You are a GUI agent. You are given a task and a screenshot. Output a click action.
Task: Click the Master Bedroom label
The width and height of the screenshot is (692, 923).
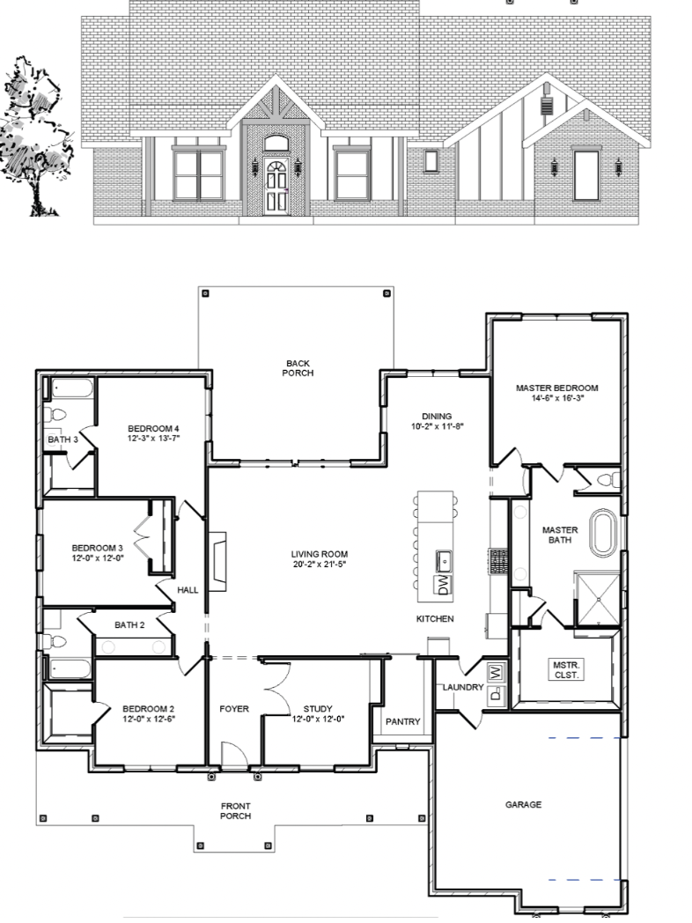tap(556, 388)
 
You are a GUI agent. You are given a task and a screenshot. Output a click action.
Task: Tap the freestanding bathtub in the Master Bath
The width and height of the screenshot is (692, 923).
tap(602, 534)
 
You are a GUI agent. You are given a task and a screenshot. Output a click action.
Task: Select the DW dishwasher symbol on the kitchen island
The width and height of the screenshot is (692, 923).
tap(443, 585)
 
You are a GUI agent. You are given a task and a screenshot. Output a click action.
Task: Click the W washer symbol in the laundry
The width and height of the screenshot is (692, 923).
tap(496, 671)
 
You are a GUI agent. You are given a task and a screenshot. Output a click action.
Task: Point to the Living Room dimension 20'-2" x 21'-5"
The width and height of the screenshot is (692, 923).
tap(320, 564)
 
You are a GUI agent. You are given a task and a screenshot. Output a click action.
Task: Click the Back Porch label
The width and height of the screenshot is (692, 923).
tap(298, 368)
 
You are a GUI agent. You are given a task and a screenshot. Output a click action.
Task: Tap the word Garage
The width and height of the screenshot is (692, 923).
tap(523, 805)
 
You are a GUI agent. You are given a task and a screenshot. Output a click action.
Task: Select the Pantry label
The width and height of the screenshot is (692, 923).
tap(403, 721)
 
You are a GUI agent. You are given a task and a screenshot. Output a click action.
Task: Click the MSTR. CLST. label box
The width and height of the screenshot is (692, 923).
tap(566, 670)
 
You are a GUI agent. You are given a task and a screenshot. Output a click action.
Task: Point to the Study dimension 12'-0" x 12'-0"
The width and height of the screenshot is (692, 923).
tap(319, 719)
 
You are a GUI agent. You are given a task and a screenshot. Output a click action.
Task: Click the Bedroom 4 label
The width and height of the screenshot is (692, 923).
tap(153, 429)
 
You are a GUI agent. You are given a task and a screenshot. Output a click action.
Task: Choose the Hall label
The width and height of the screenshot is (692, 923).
tap(188, 590)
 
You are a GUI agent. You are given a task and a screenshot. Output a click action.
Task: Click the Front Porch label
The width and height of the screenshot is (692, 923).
tap(235, 811)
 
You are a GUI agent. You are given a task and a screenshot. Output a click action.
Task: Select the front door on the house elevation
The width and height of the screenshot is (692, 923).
tap(276, 186)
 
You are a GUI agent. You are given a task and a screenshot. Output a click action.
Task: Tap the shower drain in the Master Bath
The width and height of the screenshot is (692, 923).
tap(599, 599)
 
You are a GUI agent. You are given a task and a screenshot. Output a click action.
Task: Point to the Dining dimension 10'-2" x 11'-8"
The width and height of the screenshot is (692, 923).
tap(438, 426)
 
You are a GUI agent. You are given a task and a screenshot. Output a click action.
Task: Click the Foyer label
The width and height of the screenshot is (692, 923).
tap(234, 709)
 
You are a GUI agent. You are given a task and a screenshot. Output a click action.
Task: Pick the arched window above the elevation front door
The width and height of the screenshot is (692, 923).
tap(276, 143)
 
